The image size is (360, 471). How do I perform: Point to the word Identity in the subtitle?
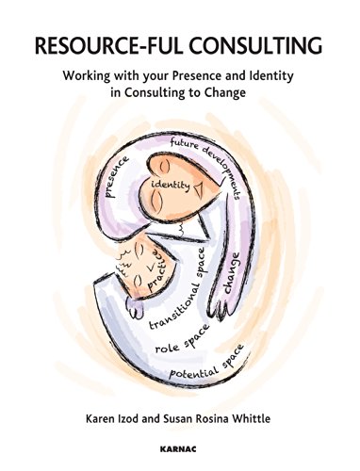pos(288,79)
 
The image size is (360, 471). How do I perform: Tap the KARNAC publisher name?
pos(179,452)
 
